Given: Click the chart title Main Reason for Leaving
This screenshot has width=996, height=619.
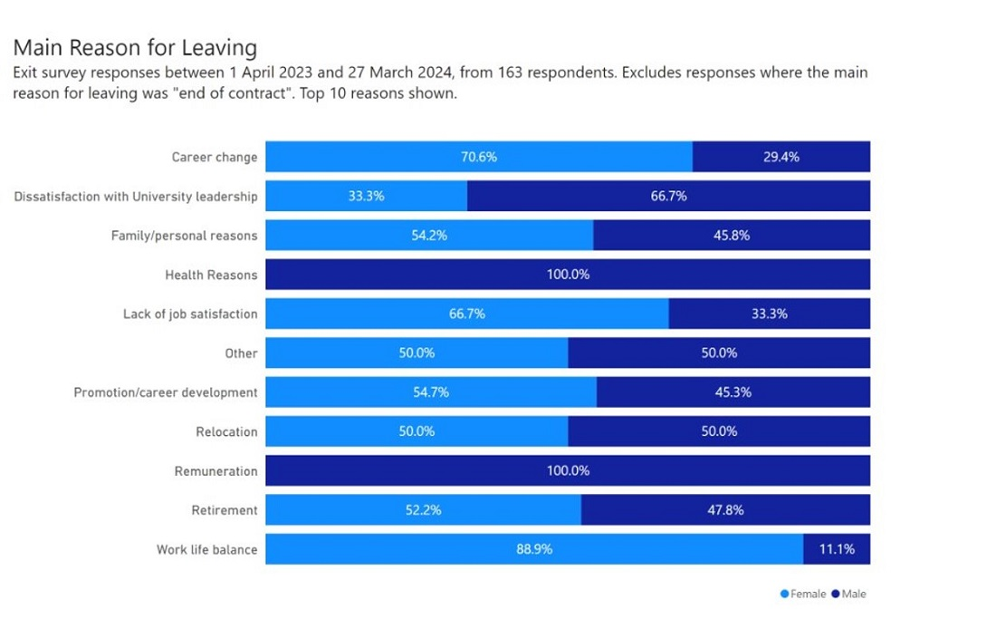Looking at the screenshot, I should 135,47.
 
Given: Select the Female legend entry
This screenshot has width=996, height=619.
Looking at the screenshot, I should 803,594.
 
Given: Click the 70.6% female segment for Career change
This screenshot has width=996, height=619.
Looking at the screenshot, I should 479,157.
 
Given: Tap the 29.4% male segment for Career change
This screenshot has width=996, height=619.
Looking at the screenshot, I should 781,157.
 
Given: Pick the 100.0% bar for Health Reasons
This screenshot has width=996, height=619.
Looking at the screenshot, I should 568,275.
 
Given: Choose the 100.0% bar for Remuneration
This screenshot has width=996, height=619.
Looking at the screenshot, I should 568,470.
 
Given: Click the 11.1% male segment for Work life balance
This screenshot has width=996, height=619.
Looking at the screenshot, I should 836,549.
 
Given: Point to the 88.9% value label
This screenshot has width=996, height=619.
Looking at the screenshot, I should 534,549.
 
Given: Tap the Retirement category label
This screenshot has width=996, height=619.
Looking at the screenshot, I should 225,510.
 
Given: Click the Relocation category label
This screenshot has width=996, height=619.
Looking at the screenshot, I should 226,431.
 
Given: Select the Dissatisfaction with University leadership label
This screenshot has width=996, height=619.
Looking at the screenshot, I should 136,196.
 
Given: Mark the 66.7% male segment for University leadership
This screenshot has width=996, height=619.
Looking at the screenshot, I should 668,196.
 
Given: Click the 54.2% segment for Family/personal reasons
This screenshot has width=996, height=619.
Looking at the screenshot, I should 429,236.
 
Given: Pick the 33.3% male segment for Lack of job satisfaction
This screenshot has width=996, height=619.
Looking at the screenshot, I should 769,314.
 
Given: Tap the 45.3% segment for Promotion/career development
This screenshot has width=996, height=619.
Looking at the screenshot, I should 733,392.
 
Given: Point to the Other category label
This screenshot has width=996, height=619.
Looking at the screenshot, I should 241,353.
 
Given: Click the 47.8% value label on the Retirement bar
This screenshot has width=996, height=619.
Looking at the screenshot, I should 725,510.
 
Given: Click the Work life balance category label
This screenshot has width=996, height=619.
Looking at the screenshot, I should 206,549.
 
